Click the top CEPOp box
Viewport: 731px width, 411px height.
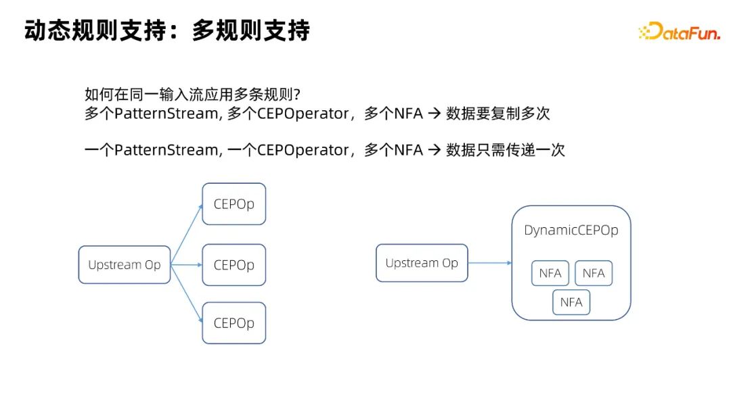[234, 204]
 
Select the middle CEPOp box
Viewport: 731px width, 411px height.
[234, 265]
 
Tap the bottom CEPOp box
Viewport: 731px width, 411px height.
[234, 323]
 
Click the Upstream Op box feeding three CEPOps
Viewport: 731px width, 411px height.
[125, 264]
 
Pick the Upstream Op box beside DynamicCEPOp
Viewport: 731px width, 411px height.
[422, 263]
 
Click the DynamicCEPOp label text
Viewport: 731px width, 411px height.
[571, 231]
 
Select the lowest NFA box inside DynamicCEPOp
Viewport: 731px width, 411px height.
[571, 302]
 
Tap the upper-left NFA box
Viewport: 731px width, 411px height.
[550, 273]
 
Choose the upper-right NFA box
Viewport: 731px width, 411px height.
[594, 273]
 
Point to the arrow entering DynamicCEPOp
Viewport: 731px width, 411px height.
[489, 263]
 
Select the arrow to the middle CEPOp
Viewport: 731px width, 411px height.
[187, 264]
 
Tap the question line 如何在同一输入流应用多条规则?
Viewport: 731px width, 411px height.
[193, 93]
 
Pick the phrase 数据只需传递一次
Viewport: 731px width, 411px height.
[505, 150]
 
